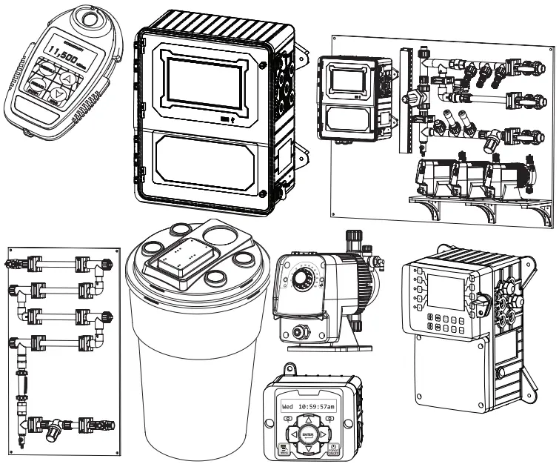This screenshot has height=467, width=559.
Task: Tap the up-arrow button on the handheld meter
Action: click(67, 78)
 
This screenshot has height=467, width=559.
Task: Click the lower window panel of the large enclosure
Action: click(208, 160)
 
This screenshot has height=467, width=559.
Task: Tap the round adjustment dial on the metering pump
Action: click(302, 279)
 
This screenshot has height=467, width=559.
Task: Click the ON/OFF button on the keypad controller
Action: click(334, 448)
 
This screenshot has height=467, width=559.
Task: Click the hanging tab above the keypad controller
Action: click(291, 368)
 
